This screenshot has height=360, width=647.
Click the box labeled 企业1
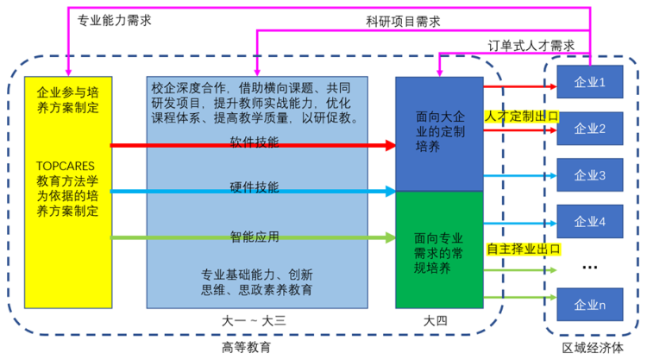click(x=590, y=82)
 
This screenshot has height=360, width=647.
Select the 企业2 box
click(x=590, y=129)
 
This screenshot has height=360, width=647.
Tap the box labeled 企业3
click(x=590, y=175)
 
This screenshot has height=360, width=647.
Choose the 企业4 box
click(x=590, y=221)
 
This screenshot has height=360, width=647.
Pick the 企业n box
click(x=590, y=305)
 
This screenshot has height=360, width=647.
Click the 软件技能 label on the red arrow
click(x=254, y=142)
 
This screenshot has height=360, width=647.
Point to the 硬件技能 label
click(x=254, y=187)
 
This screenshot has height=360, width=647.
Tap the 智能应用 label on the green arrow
click(x=254, y=237)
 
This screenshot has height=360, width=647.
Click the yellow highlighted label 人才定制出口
click(x=522, y=117)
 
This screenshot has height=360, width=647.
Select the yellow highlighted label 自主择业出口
click(x=524, y=249)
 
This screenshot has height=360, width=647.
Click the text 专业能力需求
click(x=114, y=20)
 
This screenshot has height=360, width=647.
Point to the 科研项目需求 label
click(x=403, y=22)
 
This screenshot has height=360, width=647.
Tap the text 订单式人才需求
click(x=531, y=46)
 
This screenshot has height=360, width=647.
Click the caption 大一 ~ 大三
click(x=254, y=321)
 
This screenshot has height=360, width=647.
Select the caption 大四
click(x=436, y=321)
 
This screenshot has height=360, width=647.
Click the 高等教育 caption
click(x=247, y=348)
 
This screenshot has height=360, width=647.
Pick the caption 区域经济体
click(x=593, y=348)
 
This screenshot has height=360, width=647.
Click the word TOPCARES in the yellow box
click(x=66, y=166)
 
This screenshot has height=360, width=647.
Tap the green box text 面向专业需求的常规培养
click(x=438, y=253)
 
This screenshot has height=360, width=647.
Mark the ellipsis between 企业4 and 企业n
click(x=590, y=268)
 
